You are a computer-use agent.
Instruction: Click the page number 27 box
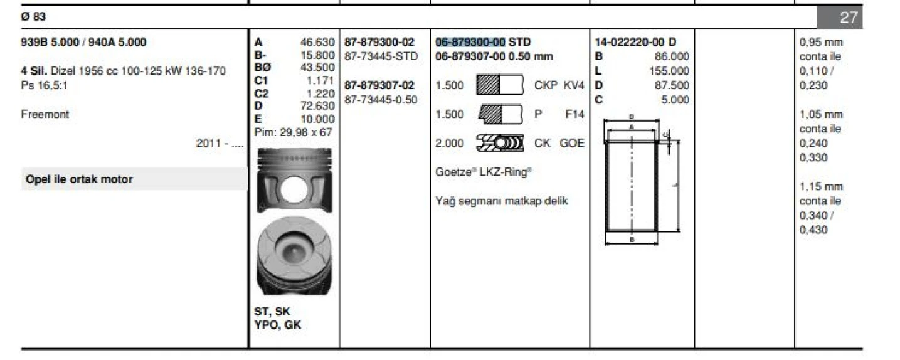coord(840,17)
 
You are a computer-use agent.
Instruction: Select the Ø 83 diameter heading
coord(33,17)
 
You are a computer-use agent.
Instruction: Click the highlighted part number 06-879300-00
coord(470,42)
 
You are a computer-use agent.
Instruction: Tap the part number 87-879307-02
coord(379,85)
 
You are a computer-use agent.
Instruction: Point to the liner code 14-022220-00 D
coord(635,42)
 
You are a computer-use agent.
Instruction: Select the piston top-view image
coord(294,256)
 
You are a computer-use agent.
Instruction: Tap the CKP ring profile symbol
coord(500,85)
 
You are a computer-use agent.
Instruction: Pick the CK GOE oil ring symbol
coord(500,143)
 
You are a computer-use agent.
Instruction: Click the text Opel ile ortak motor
coord(79,179)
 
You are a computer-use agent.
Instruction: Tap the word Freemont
coord(45,114)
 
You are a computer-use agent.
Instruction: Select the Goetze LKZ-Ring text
coord(484,172)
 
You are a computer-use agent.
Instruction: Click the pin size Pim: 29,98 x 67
coord(293,132)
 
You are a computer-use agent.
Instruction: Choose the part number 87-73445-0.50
coord(381,100)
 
